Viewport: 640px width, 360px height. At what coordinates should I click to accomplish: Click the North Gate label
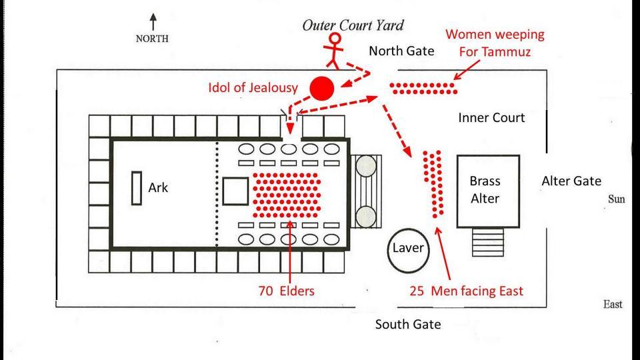pyautogui.click(x=401, y=51)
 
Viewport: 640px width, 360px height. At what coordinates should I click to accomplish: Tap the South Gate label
pyautogui.click(x=408, y=325)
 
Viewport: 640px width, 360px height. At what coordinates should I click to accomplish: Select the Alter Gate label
pyautogui.click(x=571, y=181)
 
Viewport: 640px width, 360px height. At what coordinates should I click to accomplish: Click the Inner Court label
pyautogui.click(x=492, y=118)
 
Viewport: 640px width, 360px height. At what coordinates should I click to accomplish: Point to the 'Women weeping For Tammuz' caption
pyautogui.click(x=495, y=42)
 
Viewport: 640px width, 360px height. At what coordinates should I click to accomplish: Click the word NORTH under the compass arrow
pyautogui.click(x=152, y=39)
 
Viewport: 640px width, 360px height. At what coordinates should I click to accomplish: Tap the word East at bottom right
pyautogui.click(x=613, y=304)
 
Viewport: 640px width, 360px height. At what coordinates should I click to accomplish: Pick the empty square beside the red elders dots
pyautogui.click(x=235, y=191)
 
